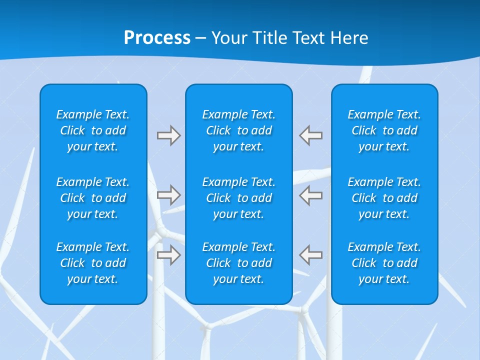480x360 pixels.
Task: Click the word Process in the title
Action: click(157, 38)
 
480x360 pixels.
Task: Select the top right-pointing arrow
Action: click(169, 135)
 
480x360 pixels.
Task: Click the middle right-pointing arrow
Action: click(169, 195)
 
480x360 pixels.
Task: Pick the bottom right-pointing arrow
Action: click(169, 255)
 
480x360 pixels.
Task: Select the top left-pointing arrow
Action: click(311, 135)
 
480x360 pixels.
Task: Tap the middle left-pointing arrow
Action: click(311, 195)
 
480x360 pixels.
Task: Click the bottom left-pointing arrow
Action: click(311, 255)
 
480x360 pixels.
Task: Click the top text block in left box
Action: click(93, 130)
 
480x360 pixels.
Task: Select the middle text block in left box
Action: click(93, 198)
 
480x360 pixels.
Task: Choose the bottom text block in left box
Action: click(93, 263)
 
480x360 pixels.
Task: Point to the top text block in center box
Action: click(238, 130)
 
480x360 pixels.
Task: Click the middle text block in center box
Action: click(238, 198)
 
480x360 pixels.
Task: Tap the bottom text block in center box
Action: click(238, 263)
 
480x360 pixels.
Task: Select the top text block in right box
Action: click(384, 130)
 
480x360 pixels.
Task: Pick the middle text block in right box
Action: click(384, 198)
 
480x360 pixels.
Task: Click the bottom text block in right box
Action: click(384, 263)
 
